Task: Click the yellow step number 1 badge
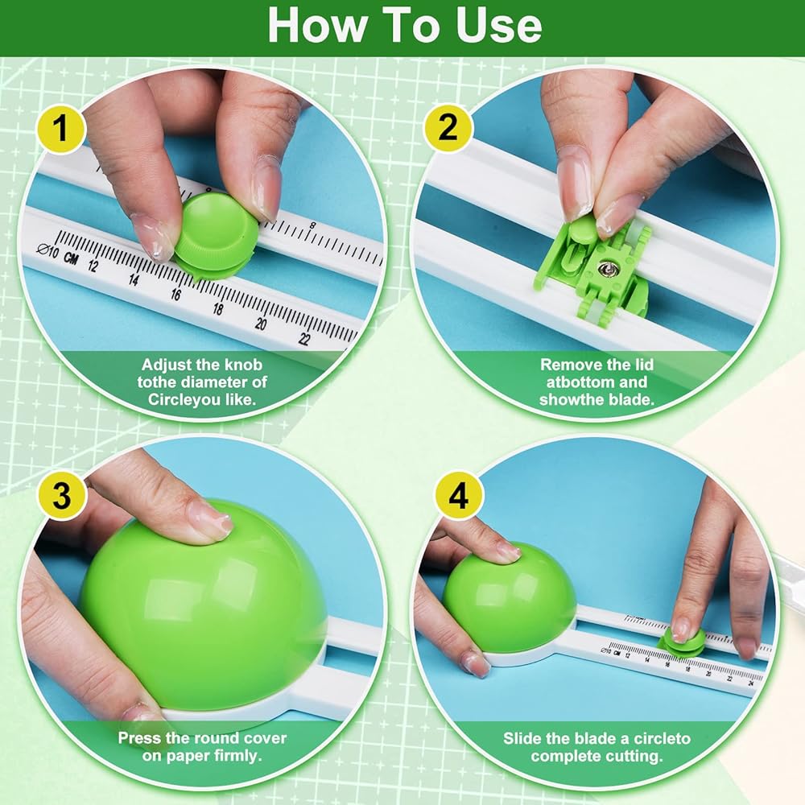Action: tap(61, 128)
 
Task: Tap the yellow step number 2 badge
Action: tap(448, 127)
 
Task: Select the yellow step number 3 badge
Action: tap(62, 496)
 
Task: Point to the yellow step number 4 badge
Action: tap(459, 496)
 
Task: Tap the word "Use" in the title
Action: tap(498, 26)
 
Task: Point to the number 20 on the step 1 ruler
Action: tap(261, 324)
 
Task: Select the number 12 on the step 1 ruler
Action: tap(93, 266)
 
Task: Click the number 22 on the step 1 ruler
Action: tap(304, 339)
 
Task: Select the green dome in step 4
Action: tap(509, 596)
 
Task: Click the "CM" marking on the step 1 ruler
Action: tap(71, 258)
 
